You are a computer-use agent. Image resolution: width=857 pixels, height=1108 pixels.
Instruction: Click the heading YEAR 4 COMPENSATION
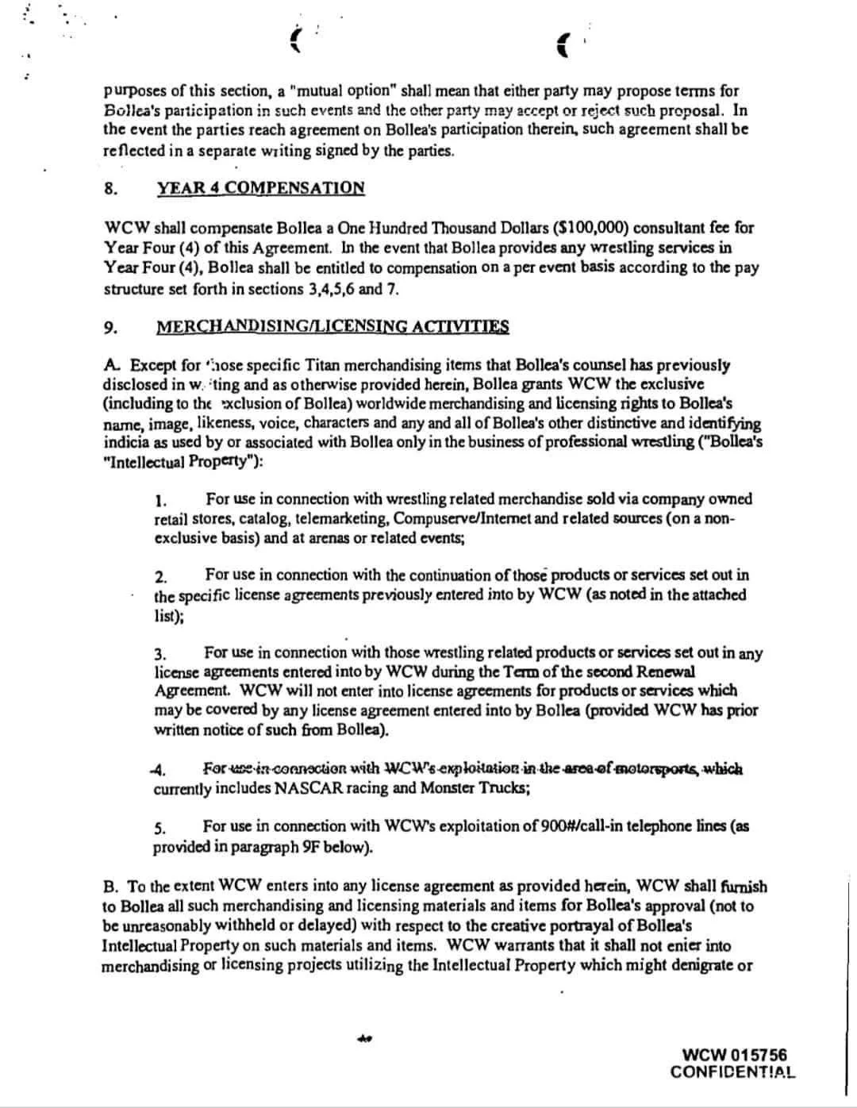pyautogui.click(x=260, y=188)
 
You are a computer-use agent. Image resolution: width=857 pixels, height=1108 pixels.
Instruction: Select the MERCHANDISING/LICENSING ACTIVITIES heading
pyautogui.click(x=332, y=327)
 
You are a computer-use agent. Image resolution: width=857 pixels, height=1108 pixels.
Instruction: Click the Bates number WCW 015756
pyautogui.click(x=734, y=1055)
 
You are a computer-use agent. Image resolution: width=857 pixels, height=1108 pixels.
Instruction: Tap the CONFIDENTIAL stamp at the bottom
pyautogui.click(x=732, y=1072)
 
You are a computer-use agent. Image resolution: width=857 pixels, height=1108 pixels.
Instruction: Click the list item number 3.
pyautogui.click(x=159, y=654)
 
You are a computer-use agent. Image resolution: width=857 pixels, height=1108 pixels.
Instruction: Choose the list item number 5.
pyautogui.click(x=159, y=828)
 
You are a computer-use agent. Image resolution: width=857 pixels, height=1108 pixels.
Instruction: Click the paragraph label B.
pyautogui.click(x=111, y=887)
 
